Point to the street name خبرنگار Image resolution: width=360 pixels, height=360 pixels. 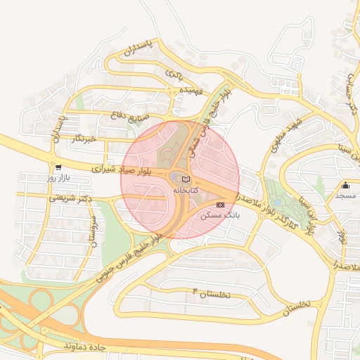tap(82, 139)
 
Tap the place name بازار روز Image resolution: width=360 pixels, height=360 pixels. tap(60, 179)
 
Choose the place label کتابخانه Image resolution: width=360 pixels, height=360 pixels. tap(186, 190)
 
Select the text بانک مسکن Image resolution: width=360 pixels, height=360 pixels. tap(221, 214)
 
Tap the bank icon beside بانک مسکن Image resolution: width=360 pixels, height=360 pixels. tap(221, 204)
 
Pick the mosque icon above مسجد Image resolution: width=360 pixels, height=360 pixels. tap(345, 186)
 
